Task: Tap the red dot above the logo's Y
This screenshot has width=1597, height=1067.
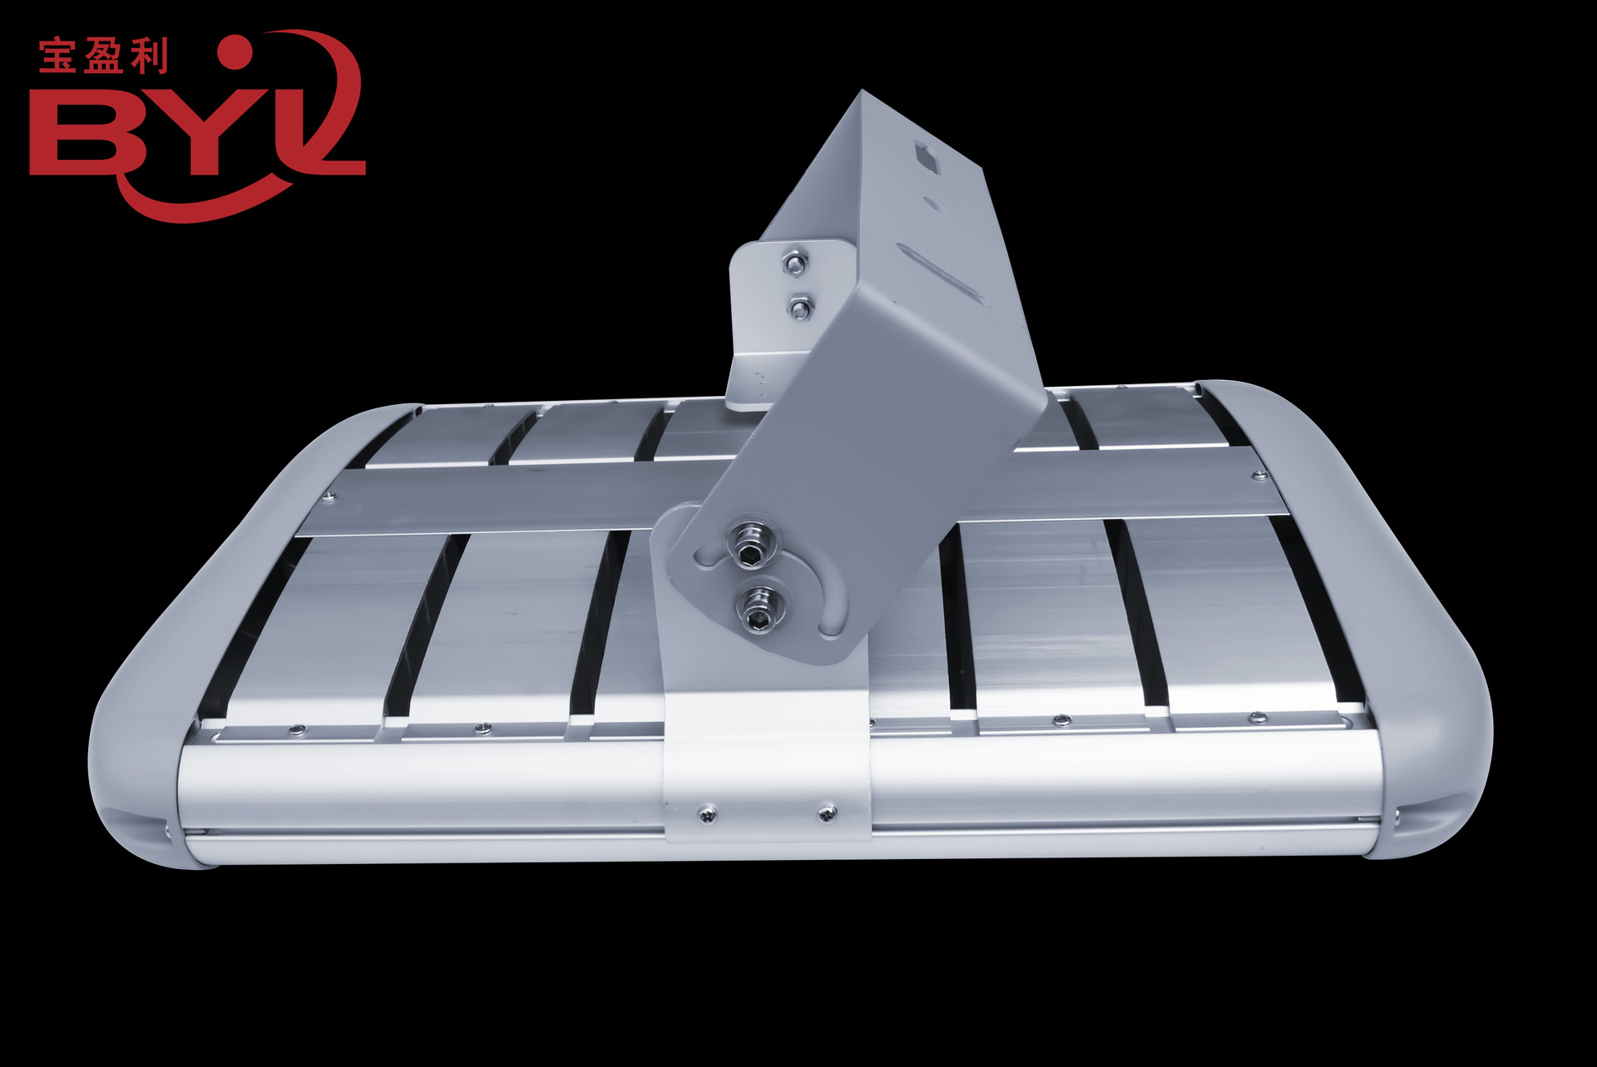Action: [235, 51]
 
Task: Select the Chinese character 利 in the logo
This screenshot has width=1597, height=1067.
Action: [149, 57]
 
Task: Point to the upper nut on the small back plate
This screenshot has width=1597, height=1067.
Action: [796, 264]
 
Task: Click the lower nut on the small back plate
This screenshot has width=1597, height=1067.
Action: [800, 309]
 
